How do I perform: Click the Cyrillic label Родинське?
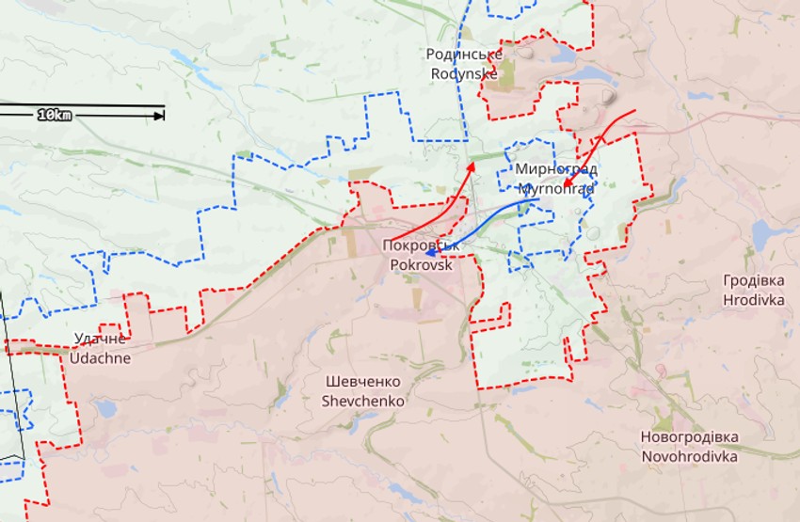tap(464, 55)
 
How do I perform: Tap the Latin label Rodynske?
tap(464, 73)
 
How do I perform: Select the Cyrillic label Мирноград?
tap(556, 169)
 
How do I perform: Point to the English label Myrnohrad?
tap(556, 188)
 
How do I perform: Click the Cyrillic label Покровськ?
tap(421, 246)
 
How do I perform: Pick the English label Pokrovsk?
tap(421, 265)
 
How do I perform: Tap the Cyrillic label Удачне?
tap(100, 339)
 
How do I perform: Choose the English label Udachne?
tap(100, 357)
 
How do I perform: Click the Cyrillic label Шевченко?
tap(363, 382)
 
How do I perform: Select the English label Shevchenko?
tap(363, 401)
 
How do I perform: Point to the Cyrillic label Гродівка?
tap(754, 280)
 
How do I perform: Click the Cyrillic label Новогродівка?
tap(689, 437)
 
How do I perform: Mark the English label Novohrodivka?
tap(689, 456)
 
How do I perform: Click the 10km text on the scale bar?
tap(55, 115)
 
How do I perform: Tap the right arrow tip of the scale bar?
tap(162, 115)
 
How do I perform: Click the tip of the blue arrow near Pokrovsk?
tap(426, 252)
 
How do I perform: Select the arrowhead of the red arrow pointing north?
tap(472, 164)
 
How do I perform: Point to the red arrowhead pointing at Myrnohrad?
tap(565, 184)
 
